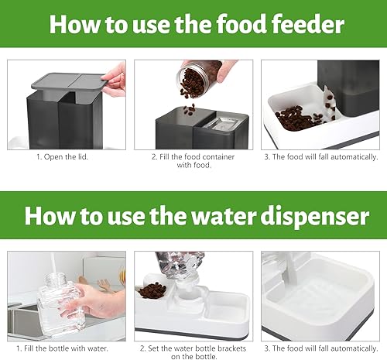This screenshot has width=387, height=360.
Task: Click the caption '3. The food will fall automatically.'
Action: coord(320,156)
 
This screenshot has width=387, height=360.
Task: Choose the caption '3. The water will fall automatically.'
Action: coord(320,348)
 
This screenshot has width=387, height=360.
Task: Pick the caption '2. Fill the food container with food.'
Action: coord(193,161)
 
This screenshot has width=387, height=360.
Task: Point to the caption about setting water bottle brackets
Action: coord(193,352)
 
